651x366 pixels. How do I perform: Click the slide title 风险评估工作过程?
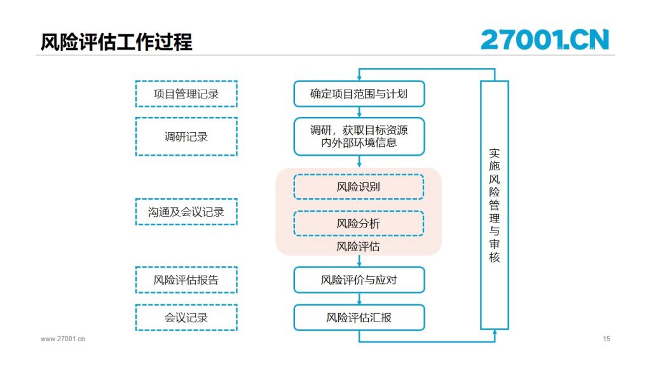tap(116, 42)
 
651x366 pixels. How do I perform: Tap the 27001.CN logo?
tap(545, 39)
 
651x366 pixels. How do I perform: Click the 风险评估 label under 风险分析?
tap(358, 247)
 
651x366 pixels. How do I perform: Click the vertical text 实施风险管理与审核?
tap(494, 205)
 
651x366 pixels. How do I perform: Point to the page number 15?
tap(606, 339)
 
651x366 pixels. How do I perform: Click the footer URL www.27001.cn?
tap(63, 339)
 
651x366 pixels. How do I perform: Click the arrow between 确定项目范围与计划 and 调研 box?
tap(359, 112)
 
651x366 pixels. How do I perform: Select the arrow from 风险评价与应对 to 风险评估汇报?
tap(359, 299)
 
